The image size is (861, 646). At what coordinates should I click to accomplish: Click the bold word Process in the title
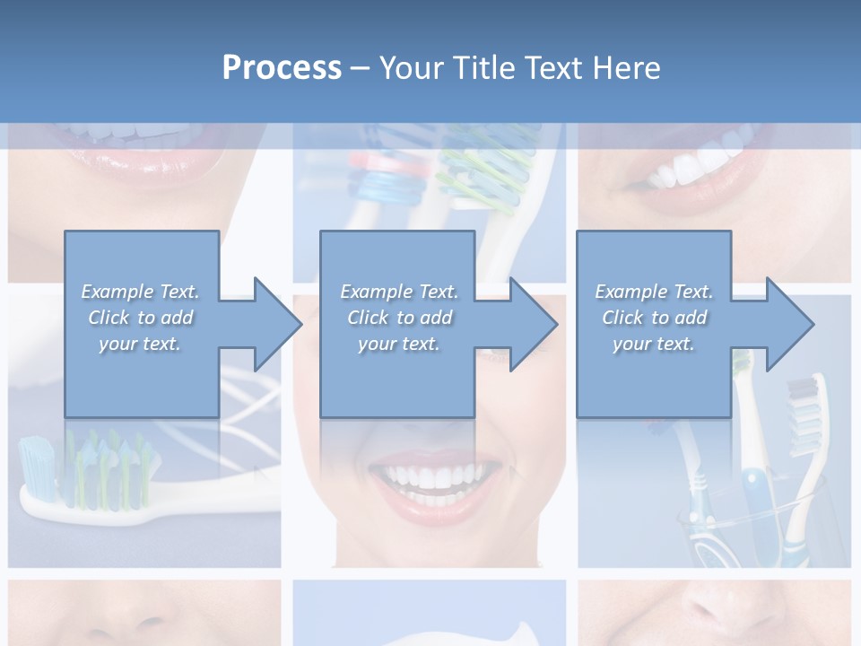click(282, 68)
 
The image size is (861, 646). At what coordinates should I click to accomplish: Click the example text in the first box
click(140, 318)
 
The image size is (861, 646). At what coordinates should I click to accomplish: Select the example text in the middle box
click(398, 318)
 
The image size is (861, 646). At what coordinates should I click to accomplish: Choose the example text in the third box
click(654, 318)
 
